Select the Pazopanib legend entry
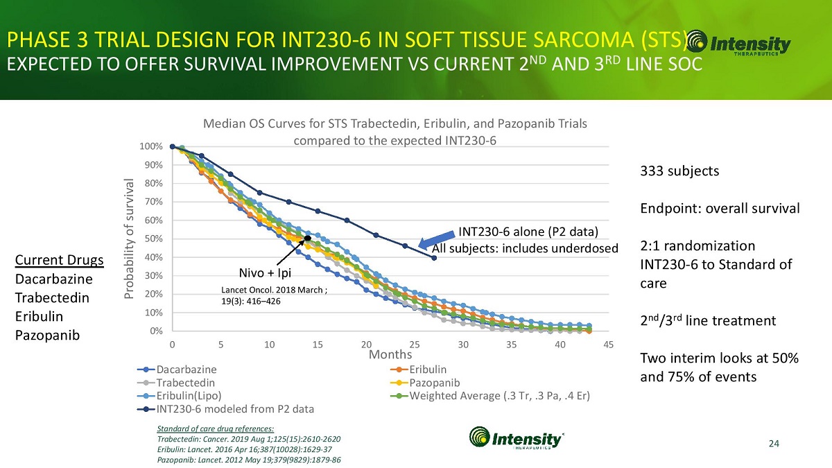click(x=434, y=383)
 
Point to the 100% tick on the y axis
click(x=152, y=146)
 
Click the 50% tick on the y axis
click(x=154, y=239)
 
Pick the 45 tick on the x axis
click(x=608, y=345)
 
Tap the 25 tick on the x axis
click(x=415, y=345)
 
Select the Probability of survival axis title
click(x=129, y=239)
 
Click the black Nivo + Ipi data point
click(x=307, y=239)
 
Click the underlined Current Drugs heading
click(x=59, y=261)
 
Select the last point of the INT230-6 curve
click(x=434, y=258)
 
